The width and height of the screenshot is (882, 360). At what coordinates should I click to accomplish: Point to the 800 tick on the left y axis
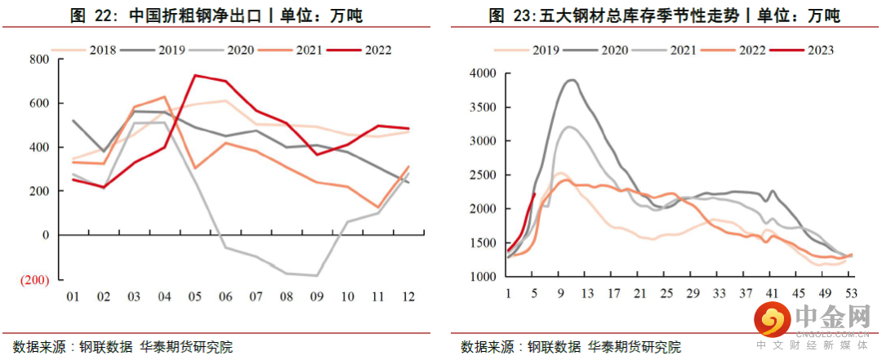point(38,60)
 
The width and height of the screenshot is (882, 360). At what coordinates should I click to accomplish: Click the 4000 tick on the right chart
point(483,73)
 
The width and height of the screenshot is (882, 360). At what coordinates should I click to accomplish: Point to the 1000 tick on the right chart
point(483,278)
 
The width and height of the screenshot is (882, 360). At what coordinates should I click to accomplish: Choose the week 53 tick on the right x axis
point(850,293)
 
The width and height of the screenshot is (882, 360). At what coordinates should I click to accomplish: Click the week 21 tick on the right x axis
point(639,293)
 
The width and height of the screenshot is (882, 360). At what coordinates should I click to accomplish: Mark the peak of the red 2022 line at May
point(195,75)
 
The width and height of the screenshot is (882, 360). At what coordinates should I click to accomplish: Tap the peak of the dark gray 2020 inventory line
point(571,80)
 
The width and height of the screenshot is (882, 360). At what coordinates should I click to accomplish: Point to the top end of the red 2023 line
point(534,193)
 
